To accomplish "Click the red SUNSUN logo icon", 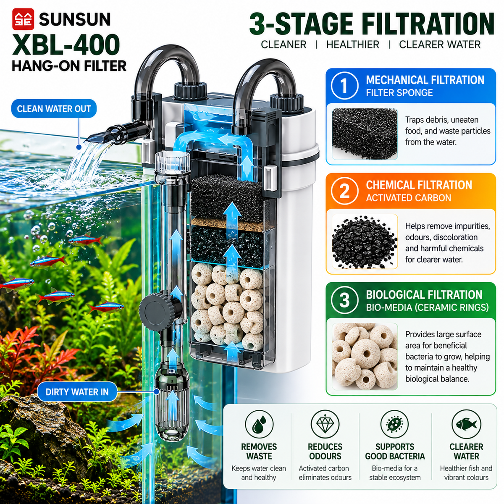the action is click(23, 19).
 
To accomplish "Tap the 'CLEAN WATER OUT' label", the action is click(54, 108).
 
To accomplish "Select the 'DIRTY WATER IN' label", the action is click(77, 392).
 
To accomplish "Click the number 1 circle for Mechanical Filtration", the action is click(344, 86).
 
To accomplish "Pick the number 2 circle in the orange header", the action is click(344, 191).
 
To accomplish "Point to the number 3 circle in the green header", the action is click(344, 300).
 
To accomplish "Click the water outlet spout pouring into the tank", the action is click(113, 134).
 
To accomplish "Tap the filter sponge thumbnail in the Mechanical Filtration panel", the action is click(365, 134).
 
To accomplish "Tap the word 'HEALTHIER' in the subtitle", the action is click(352, 45).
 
